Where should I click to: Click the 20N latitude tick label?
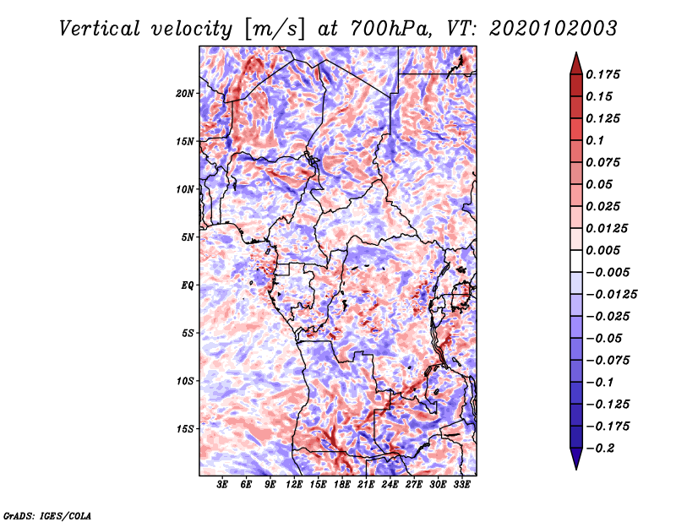pos(185,94)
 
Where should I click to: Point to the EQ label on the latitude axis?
pos(188,285)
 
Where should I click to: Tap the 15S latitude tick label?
pos(185,429)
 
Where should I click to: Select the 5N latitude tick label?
pos(188,237)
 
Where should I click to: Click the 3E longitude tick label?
pos(222,485)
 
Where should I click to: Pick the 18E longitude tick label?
pos(342,485)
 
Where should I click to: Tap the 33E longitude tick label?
pos(461,485)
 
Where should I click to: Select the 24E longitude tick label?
pos(390,485)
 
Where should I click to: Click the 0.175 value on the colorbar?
pos(602,74)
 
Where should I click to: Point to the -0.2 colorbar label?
pos(600,449)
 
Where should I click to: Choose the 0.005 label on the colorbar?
pos(602,250)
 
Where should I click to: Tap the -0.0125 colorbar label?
pos(611,295)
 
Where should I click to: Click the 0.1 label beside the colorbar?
pos(595,140)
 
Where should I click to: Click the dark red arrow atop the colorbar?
pos(576,64)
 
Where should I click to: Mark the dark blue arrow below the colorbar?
pos(576,459)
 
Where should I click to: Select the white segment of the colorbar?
pos(576,261)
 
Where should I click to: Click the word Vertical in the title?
pos(100,29)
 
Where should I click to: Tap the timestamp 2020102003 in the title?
pos(553,29)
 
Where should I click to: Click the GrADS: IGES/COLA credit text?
pos(47,516)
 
